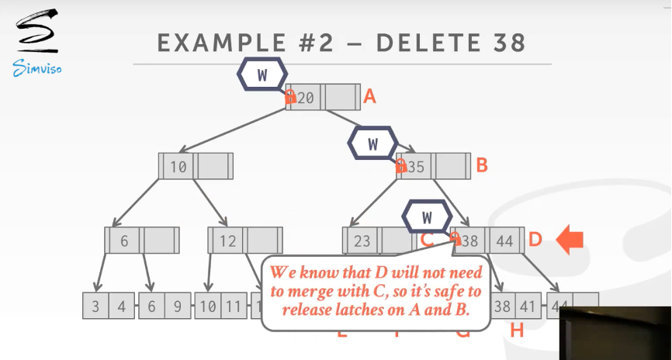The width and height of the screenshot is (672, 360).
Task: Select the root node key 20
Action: (x=306, y=98)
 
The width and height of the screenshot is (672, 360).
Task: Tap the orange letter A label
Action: (x=370, y=97)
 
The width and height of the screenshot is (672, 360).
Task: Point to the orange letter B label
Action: (x=481, y=165)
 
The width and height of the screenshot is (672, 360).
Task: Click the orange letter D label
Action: (x=535, y=240)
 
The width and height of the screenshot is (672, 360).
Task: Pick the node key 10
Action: (x=178, y=166)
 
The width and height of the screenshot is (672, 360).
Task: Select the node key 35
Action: (x=416, y=166)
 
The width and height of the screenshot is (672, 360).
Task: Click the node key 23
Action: (x=362, y=241)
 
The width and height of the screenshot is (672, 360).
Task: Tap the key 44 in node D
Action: (x=505, y=241)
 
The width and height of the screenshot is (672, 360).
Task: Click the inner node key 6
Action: (x=124, y=241)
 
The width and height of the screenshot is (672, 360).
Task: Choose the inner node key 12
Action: (x=227, y=241)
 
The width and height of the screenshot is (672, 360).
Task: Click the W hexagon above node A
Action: (x=262, y=75)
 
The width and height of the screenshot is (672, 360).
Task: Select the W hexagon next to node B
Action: (x=372, y=144)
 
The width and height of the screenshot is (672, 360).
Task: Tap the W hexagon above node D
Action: (x=427, y=216)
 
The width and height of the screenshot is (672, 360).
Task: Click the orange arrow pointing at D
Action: (x=570, y=240)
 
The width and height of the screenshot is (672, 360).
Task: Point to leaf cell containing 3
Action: (x=95, y=306)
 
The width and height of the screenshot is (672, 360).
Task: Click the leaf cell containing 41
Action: (x=524, y=306)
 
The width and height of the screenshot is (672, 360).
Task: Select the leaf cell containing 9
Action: (x=178, y=306)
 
